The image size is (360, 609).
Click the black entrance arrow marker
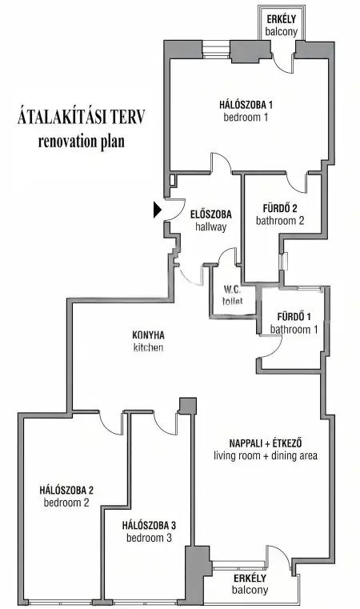(158, 210)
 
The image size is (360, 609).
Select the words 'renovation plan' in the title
(81, 142)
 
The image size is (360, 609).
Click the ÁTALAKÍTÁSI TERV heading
(81, 117)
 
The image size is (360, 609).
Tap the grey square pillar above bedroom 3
(188, 406)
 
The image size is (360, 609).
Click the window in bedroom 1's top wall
(216, 50)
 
